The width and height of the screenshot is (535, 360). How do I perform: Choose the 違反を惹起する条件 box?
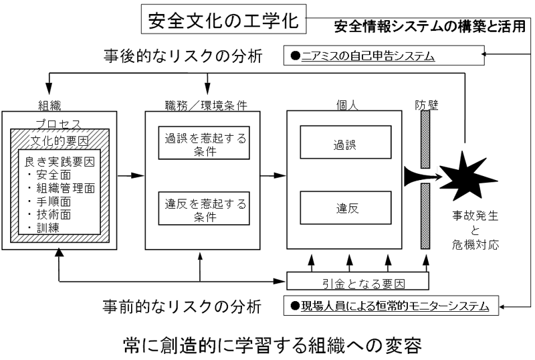point(202,208)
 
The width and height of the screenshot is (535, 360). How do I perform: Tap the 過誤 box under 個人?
point(344,143)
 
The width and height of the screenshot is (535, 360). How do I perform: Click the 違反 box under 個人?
point(344,208)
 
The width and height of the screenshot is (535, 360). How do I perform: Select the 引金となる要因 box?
point(344,280)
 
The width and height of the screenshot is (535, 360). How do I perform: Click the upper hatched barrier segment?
point(425,139)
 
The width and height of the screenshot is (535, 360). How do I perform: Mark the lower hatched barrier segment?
point(425,224)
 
